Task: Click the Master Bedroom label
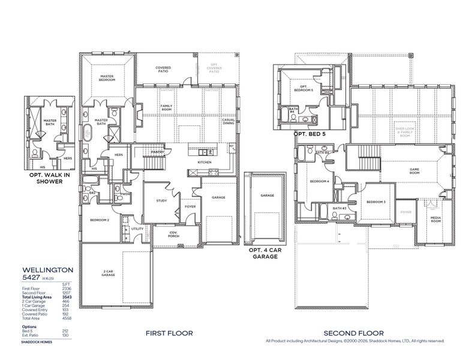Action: click(x=107, y=78)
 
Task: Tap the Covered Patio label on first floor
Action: click(x=163, y=70)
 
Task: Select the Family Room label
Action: click(x=166, y=108)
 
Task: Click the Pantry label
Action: click(x=158, y=152)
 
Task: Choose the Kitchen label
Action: click(x=205, y=163)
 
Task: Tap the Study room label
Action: click(x=161, y=200)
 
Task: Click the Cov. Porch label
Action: click(x=173, y=236)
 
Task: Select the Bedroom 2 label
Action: click(x=100, y=220)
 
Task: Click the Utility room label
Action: click(x=137, y=229)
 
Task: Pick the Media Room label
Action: click(x=435, y=220)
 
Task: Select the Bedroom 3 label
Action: click(x=376, y=202)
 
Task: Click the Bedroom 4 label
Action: click(x=319, y=181)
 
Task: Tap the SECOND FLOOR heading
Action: click(x=353, y=333)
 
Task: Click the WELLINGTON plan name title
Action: click(x=47, y=271)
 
